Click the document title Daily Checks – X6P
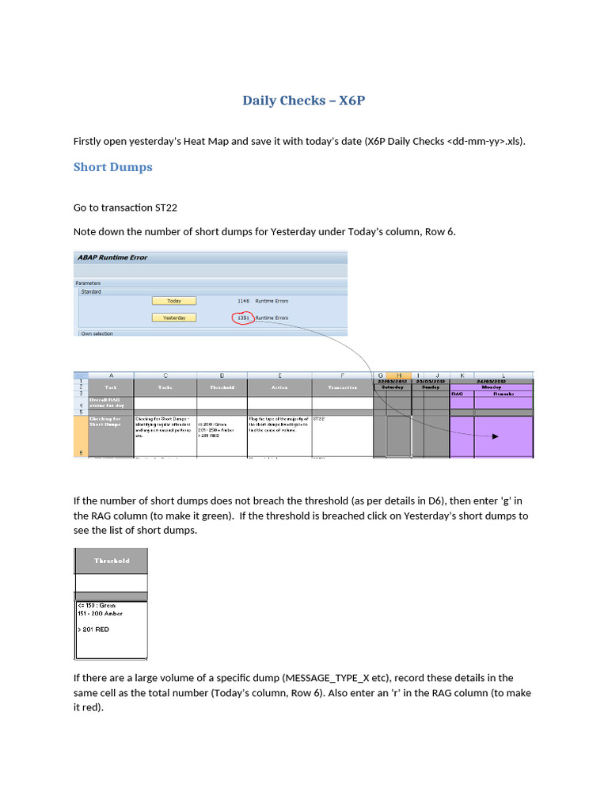[x=304, y=101]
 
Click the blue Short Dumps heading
[x=112, y=167]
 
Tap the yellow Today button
[x=173, y=301]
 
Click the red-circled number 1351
[x=243, y=318]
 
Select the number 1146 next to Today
[x=243, y=301]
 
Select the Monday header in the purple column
[x=491, y=387]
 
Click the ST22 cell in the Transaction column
[x=320, y=418]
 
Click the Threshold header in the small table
[x=111, y=561]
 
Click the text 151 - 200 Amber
[x=100, y=613]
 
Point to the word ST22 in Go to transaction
[x=162, y=208]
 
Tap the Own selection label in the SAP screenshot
[x=97, y=333]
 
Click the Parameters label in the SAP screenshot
[x=89, y=282]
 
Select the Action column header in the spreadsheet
[x=279, y=387]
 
